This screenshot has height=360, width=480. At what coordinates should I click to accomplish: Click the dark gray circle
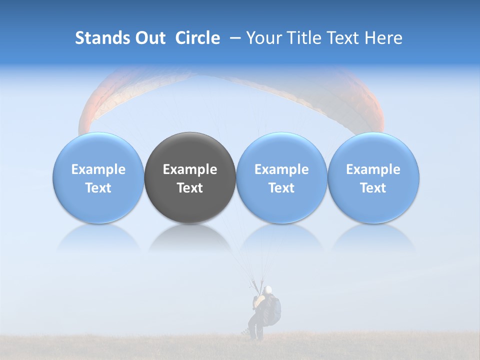click(190, 177)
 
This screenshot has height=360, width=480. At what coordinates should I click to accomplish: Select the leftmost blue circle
click(98, 177)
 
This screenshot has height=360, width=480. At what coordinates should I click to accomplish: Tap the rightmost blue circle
click(373, 177)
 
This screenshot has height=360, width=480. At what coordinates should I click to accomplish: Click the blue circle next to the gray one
click(281, 177)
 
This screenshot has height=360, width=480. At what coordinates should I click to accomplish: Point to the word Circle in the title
click(197, 38)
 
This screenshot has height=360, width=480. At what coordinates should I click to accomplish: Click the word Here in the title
click(384, 38)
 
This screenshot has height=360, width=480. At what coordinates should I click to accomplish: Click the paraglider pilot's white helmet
click(268, 289)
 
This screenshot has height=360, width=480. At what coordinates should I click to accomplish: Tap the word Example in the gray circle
click(190, 169)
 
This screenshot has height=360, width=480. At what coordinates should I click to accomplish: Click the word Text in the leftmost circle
click(98, 188)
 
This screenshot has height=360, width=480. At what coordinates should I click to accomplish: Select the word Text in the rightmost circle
click(373, 188)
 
